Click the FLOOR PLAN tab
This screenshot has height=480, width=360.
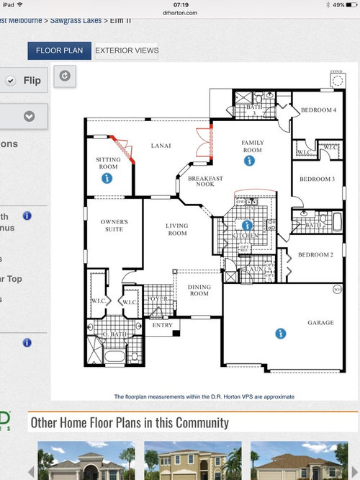(60, 50)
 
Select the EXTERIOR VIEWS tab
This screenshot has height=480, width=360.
(126, 50)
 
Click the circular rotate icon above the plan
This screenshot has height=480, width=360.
(65, 76)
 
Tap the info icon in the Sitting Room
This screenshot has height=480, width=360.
(107, 177)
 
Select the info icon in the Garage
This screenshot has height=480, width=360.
(280, 333)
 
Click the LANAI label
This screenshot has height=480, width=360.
(160, 146)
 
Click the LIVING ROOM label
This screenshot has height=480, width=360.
(176, 230)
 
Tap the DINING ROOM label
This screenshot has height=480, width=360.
(199, 290)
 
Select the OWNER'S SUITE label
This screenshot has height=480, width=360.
(114, 226)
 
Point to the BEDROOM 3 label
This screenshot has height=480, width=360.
(317, 179)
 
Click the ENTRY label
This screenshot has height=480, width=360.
(162, 325)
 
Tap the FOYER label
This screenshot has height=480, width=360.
(158, 299)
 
